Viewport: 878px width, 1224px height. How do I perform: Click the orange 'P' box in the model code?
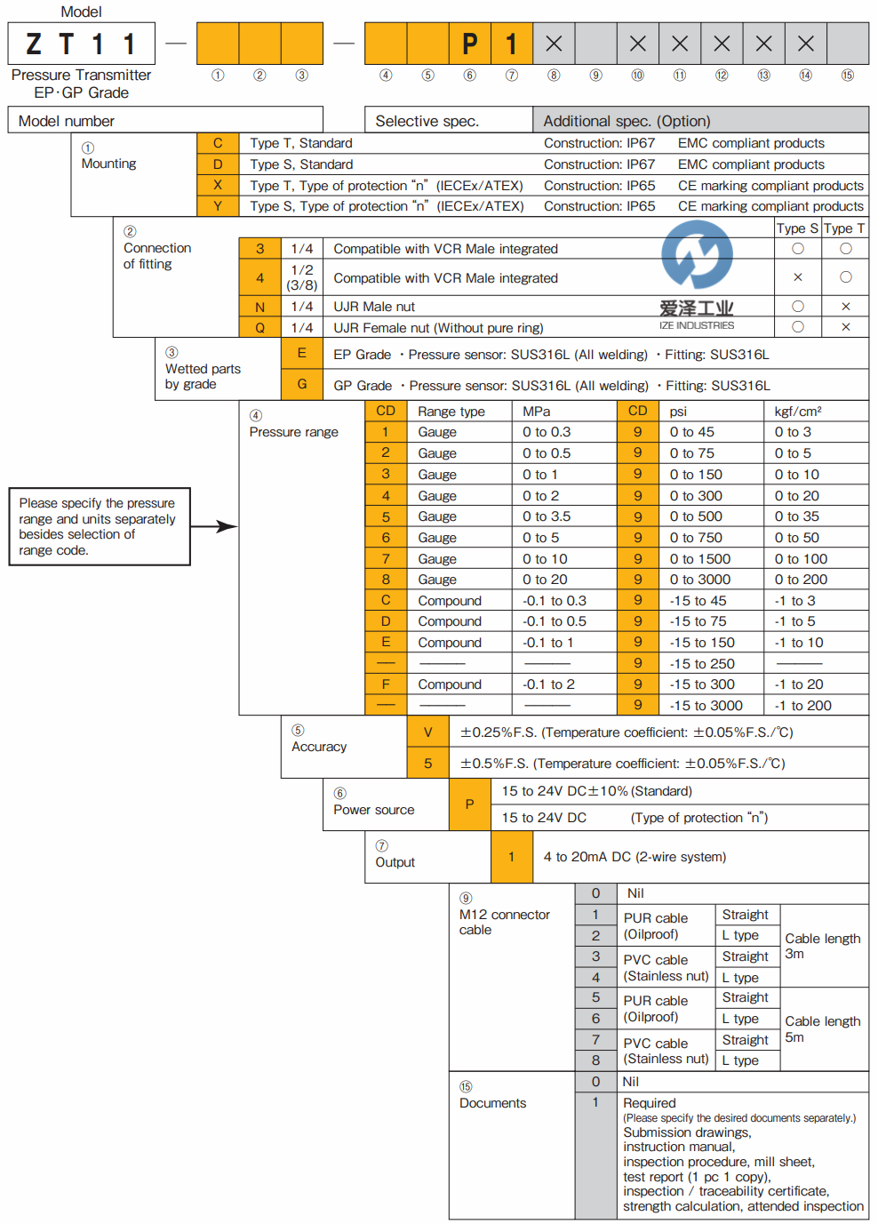(x=470, y=44)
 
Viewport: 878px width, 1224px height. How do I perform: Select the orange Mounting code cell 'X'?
(x=218, y=185)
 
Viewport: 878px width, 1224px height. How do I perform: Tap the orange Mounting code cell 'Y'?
(x=218, y=206)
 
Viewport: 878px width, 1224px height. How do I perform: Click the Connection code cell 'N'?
(x=259, y=307)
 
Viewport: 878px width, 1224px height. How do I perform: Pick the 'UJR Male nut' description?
(x=374, y=307)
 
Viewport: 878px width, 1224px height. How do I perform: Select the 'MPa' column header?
(x=537, y=412)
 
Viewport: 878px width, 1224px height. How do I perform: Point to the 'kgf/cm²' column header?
(x=798, y=412)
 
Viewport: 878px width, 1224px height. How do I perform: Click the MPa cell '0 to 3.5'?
(x=547, y=516)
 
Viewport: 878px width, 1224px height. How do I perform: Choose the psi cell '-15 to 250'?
(x=702, y=664)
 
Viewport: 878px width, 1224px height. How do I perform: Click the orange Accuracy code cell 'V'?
(x=428, y=732)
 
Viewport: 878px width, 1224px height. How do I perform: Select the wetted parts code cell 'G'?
(x=302, y=384)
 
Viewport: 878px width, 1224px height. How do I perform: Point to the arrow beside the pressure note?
(x=214, y=526)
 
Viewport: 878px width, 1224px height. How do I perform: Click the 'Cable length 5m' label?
(x=822, y=1029)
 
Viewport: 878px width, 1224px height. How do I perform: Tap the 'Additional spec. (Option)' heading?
(x=627, y=121)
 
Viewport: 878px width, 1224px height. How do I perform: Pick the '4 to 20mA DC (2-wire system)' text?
(x=635, y=857)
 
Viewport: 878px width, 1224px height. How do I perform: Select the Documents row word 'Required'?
(x=650, y=1103)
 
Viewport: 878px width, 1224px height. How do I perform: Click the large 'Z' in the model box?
(x=34, y=44)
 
